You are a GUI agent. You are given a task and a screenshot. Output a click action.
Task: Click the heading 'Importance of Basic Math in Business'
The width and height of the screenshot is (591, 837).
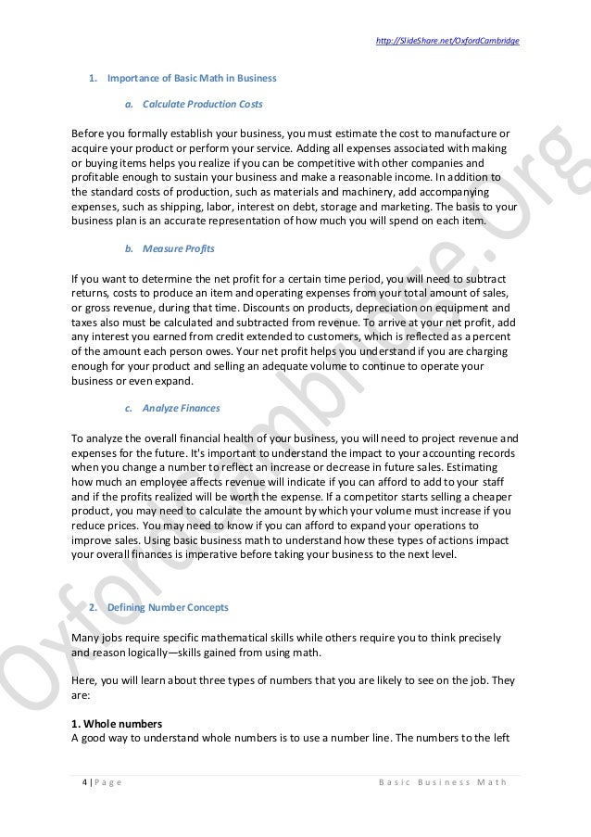click(192, 76)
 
